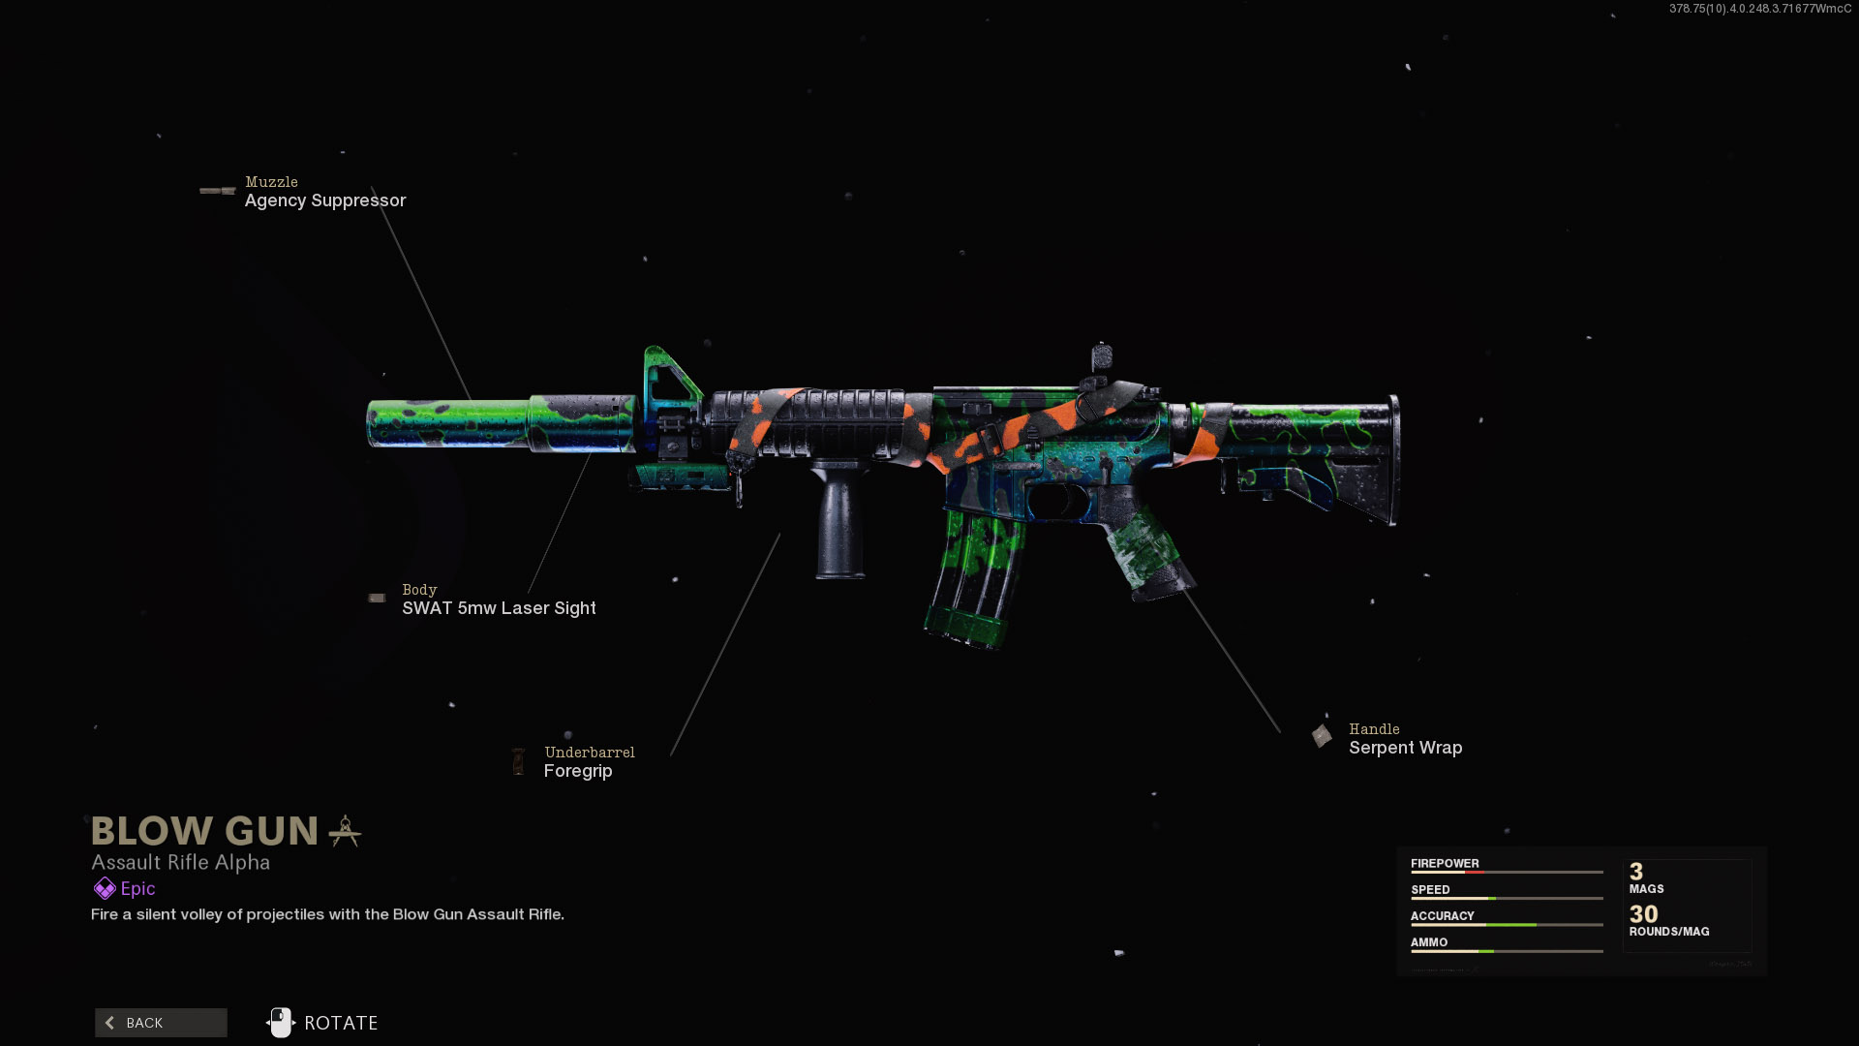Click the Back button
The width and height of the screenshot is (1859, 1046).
(x=161, y=1023)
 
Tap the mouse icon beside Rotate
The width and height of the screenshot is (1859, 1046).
(x=280, y=1023)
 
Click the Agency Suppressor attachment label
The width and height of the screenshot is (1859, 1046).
(x=324, y=200)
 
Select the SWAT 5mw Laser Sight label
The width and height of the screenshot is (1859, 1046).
(x=499, y=608)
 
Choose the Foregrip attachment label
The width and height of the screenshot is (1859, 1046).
(x=578, y=771)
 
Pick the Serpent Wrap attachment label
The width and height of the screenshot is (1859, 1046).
(x=1405, y=748)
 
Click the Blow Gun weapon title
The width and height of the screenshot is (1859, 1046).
(x=204, y=831)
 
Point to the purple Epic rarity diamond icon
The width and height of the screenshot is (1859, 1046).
(x=105, y=888)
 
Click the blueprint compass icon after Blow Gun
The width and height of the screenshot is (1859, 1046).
(x=345, y=831)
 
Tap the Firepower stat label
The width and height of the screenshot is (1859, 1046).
(x=1445, y=863)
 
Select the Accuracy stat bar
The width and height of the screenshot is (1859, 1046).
(x=1507, y=925)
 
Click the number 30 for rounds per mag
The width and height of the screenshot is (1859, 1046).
(x=1643, y=914)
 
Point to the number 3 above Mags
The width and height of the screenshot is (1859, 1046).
(x=1636, y=872)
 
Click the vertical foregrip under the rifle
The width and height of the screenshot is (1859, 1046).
(x=839, y=523)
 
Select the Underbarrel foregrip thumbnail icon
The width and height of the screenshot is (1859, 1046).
(x=519, y=761)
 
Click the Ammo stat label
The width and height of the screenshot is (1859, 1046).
(x=1429, y=941)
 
